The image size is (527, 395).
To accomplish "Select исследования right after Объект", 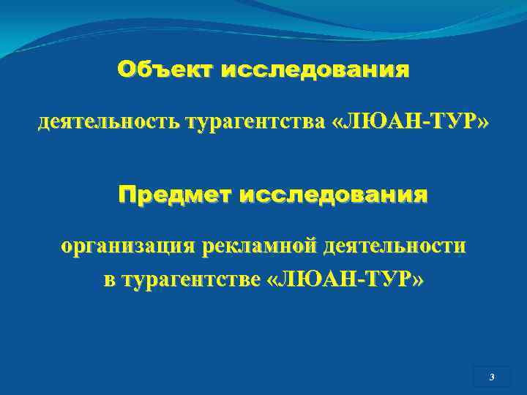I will click(315, 70).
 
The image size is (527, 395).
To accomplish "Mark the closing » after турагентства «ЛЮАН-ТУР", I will click(481, 123).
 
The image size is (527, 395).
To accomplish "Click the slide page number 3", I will click(492, 377).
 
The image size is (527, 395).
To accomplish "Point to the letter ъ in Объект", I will click(150, 70).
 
